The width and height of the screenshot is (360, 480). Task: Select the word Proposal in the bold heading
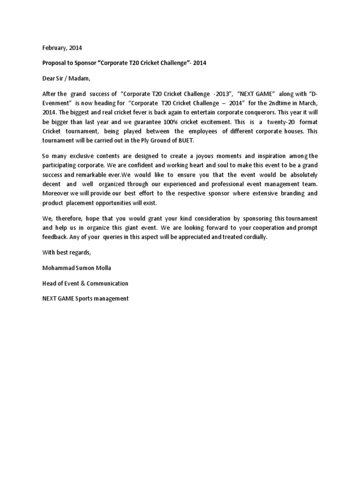point(55,63)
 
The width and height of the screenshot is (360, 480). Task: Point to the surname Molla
point(101,268)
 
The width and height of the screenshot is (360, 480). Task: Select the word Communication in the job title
point(106,284)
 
